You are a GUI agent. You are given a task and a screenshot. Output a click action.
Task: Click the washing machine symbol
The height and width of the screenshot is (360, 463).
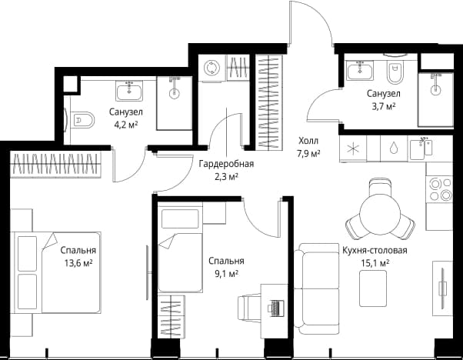[212, 68]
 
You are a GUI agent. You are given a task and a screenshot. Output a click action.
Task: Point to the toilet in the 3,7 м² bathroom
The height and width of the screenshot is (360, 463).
[395, 72]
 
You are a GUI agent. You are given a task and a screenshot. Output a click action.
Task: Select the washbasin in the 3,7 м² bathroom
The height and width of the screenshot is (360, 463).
[360, 70]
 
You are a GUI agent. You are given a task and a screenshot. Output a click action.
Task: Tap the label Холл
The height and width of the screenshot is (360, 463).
[308, 141]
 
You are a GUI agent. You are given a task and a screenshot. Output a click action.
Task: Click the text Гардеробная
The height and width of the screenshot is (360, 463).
[226, 163]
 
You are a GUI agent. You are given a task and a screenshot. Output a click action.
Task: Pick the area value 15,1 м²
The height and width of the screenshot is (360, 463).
[375, 263]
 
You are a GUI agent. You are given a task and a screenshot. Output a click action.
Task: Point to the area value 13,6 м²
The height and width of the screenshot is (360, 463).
[78, 262]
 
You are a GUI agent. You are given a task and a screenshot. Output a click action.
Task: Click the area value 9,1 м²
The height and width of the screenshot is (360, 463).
[226, 274]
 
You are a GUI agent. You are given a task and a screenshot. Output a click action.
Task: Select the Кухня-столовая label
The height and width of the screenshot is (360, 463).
[375, 251]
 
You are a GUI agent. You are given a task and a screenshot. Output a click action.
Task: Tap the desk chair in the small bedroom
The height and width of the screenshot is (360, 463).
[249, 308]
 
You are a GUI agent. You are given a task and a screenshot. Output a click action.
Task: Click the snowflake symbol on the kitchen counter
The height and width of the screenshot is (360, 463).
[353, 148]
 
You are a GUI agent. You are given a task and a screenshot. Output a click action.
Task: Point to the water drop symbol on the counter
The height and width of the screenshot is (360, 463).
[394, 148]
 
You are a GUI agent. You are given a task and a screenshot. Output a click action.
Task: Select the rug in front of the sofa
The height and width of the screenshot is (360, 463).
[373, 288]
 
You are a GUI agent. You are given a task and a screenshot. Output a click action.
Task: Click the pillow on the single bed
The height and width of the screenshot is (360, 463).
[180, 218]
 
